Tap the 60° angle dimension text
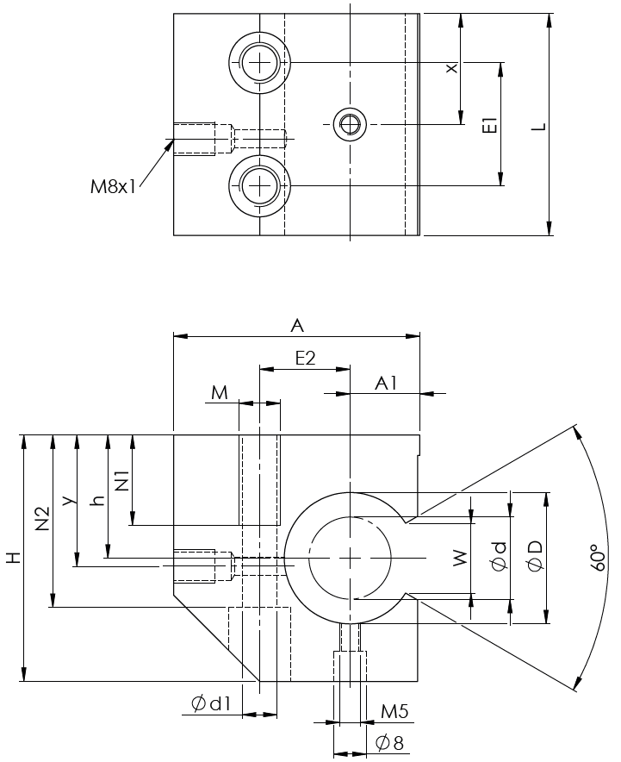[x=593, y=558]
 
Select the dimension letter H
[x=13, y=559]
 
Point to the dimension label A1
[x=385, y=383]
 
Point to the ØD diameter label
[x=535, y=558]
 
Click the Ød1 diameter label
[x=212, y=704]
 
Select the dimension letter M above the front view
[x=220, y=393]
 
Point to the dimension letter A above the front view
[x=297, y=325]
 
